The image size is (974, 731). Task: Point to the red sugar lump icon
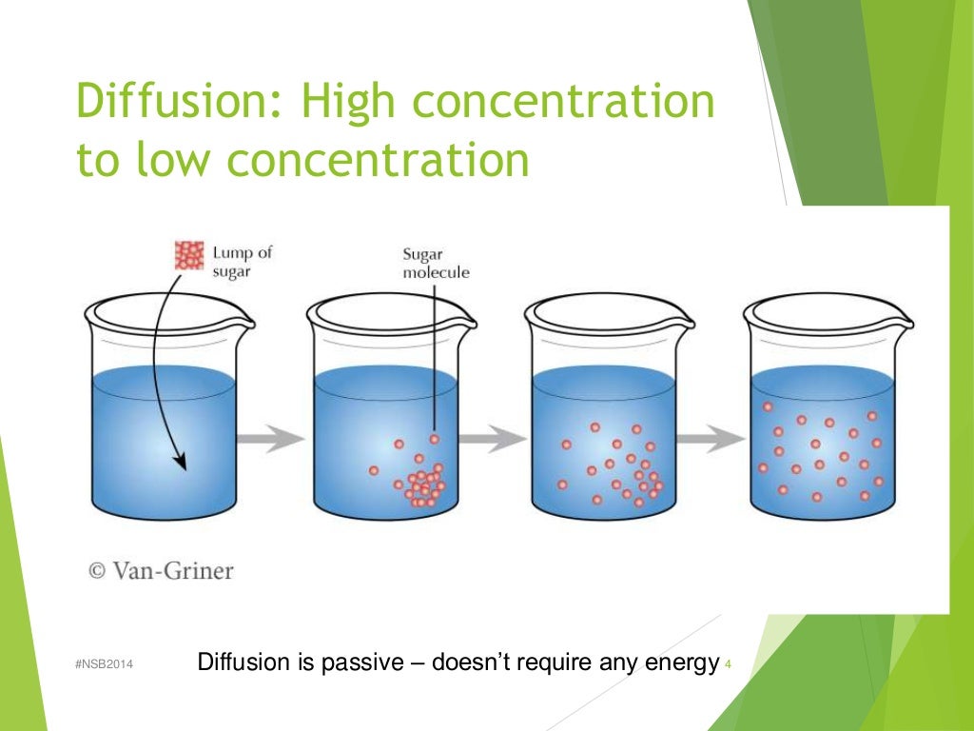click(x=189, y=255)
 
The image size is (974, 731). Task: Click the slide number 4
click(x=728, y=663)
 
